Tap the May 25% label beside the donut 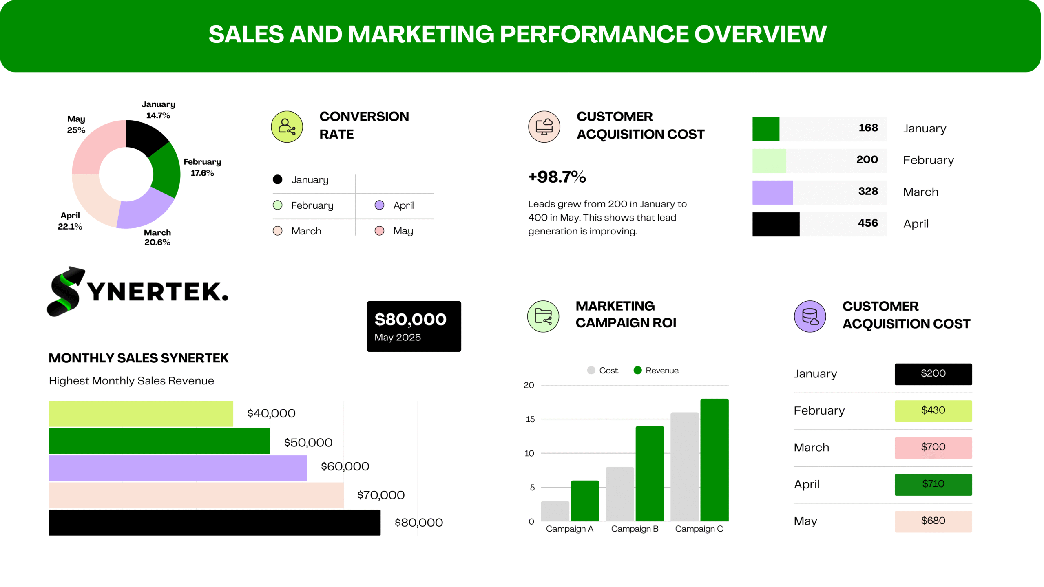(x=76, y=124)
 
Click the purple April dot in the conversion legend (x=379, y=205)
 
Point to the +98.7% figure (x=557, y=177)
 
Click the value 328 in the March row (x=868, y=192)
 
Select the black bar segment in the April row (x=776, y=224)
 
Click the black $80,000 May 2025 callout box (x=414, y=326)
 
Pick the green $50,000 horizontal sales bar (x=159, y=441)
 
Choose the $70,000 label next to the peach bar (x=380, y=495)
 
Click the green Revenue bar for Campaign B (x=649, y=473)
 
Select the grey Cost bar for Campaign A (x=555, y=510)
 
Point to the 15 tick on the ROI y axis (x=530, y=419)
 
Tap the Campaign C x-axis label (x=699, y=529)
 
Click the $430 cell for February (x=933, y=410)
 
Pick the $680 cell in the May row (x=933, y=521)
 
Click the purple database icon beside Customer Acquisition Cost (x=810, y=316)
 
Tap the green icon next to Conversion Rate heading (x=287, y=127)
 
